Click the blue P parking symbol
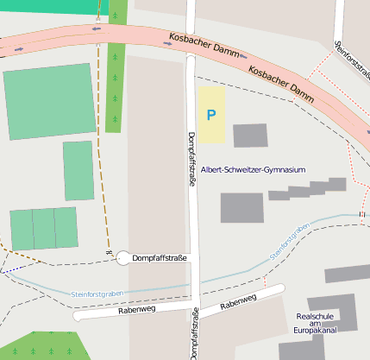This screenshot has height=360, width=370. pos(211,114)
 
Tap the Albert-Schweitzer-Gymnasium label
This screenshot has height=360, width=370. pos(253,170)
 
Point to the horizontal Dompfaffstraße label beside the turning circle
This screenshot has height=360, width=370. pos(160,258)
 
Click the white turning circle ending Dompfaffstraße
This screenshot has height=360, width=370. pos(122,258)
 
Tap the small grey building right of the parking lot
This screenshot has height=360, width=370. pos(250,136)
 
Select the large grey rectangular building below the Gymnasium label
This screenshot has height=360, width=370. pos(241,208)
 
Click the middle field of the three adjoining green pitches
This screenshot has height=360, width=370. pos(43,229)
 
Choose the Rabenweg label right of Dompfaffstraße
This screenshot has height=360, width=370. pos(239,301)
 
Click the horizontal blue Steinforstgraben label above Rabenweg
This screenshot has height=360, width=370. pos(97,294)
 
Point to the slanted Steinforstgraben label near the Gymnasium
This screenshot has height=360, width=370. pos(290,241)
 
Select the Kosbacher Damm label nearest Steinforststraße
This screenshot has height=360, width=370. pos(279,79)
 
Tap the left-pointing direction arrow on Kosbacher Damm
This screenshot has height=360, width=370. pos(96,28)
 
